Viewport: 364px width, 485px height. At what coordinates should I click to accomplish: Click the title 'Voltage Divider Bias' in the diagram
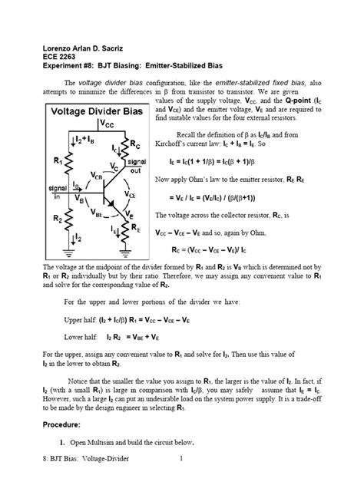[x=98, y=112]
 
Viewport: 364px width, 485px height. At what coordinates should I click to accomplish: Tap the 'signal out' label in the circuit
[x=137, y=167]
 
